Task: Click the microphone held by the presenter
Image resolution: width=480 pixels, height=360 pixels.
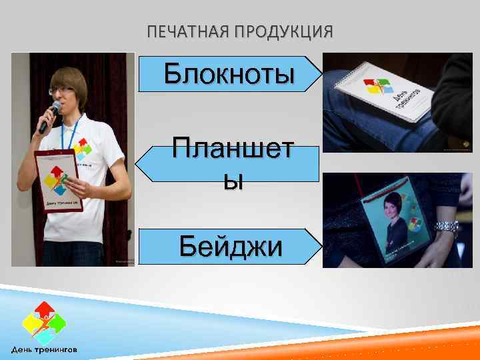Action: pyautogui.click(x=49, y=116)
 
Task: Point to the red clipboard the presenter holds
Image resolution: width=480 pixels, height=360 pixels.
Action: pyautogui.click(x=59, y=181)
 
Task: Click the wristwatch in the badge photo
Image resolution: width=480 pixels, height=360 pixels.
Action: pyautogui.click(x=447, y=227)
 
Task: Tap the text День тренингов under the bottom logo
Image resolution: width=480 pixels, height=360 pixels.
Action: pyautogui.click(x=48, y=349)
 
